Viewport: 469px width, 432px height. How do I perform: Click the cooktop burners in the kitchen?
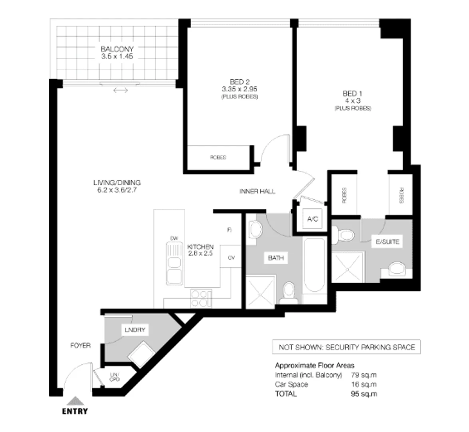pyautogui.click(x=201, y=298)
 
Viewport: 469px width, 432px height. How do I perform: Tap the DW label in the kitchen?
pyautogui.click(x=174, y=239)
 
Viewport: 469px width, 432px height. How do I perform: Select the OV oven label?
pyautogui.click(x=231, y=258)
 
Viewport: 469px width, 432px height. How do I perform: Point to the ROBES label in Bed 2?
pyautogui.click(x=218, y=158)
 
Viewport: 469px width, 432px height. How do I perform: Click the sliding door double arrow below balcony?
pyautogui.click(x=120, y=91)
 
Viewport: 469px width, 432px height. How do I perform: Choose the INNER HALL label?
pyautogui.click(x=257, y=192)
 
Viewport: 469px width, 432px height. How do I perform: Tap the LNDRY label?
pyautogui.click(x=135, y=330)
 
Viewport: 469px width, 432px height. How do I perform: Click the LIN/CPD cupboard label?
pyautogui.click(x=114, y=377)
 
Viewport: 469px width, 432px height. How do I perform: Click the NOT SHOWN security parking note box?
pyautogui.click(x=347, y=347)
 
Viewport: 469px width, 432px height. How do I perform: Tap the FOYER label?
pyautogui.click(x=80, y=346)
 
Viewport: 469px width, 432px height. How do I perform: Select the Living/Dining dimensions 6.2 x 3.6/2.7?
pyautogui.click(x=117, y=190)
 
